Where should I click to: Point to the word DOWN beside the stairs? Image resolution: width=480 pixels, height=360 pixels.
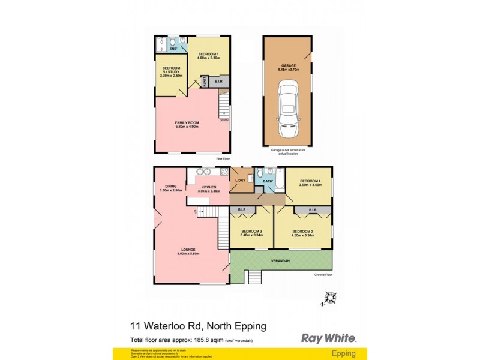click(224, 120)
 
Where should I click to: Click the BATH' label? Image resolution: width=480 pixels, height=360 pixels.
click(267, 181)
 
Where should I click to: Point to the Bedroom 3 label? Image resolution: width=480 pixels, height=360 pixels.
click(251, 233)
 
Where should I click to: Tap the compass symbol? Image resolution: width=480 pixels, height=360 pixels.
click(329, 298)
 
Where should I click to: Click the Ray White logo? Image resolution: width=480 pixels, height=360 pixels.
click(328, 338)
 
